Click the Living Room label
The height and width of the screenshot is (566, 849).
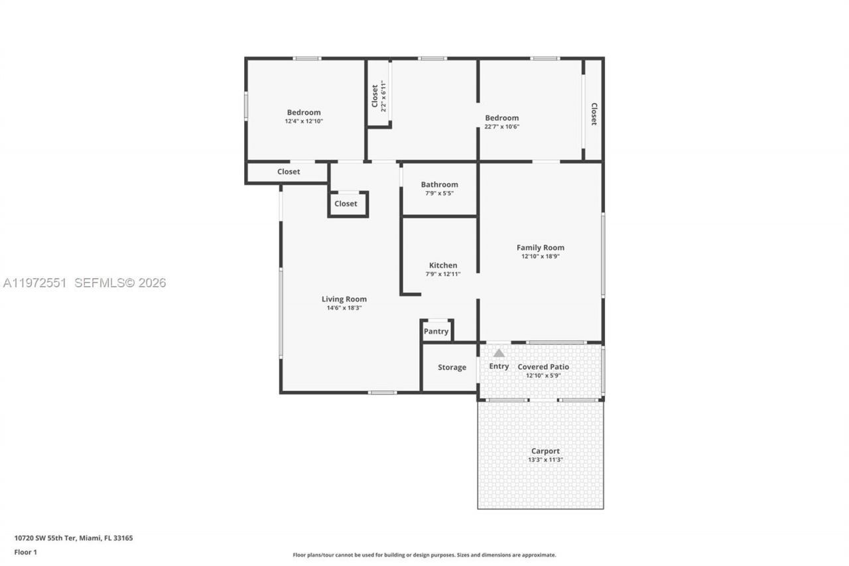pos(344,299)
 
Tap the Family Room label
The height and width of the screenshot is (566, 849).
pos(540,248)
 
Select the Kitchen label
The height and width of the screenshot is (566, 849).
pos(442,265)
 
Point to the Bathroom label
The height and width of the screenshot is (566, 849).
pos(439,184)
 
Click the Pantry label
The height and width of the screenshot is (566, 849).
pos(436,331)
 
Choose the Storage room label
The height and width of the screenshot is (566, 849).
pos(452,368)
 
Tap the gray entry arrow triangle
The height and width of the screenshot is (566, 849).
pos(499,353)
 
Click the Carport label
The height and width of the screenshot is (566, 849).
pos(545,451)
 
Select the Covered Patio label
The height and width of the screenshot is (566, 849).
pos(543,367)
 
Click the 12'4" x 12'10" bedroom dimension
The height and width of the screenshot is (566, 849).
pos(304,121)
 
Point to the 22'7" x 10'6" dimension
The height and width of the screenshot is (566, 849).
pos(501,127)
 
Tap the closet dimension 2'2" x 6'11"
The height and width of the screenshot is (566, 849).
pos(383,96)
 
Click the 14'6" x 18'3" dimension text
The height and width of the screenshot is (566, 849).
pos(344,308)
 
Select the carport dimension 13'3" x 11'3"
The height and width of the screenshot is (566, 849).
pos(545,460)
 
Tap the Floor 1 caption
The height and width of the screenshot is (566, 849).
pos(26,552)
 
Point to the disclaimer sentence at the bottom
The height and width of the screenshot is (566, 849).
pos(424,555)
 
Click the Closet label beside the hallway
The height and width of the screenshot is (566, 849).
pos(346,204)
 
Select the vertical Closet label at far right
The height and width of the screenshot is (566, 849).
pos(594,113)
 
